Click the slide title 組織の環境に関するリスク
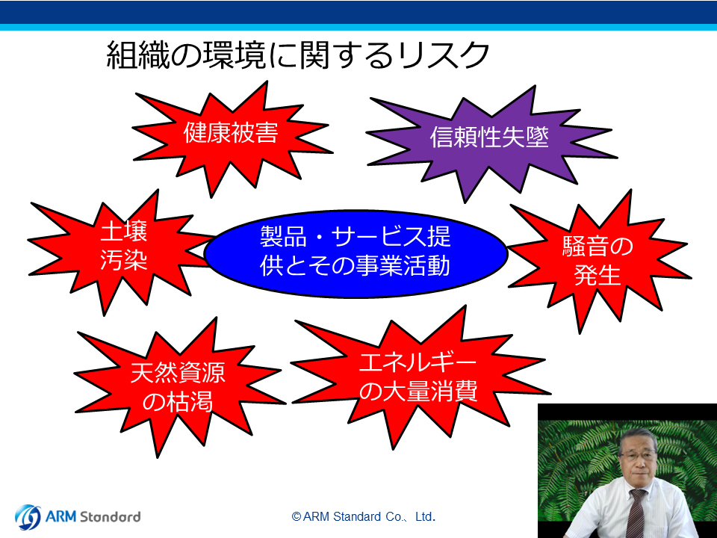click(298, 55)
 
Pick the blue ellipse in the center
click(356, 253)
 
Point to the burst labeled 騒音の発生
click(597, 261)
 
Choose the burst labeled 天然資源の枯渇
click(179, 386)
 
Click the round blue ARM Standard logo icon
click(28, 517)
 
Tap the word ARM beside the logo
click(60, 517)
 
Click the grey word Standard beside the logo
click(110, 517)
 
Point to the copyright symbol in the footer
click(297, 517)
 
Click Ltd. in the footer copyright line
click(425, 517)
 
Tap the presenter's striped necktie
click(636, 513)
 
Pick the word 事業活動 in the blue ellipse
click(403, 266)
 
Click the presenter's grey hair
click(639, 437)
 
